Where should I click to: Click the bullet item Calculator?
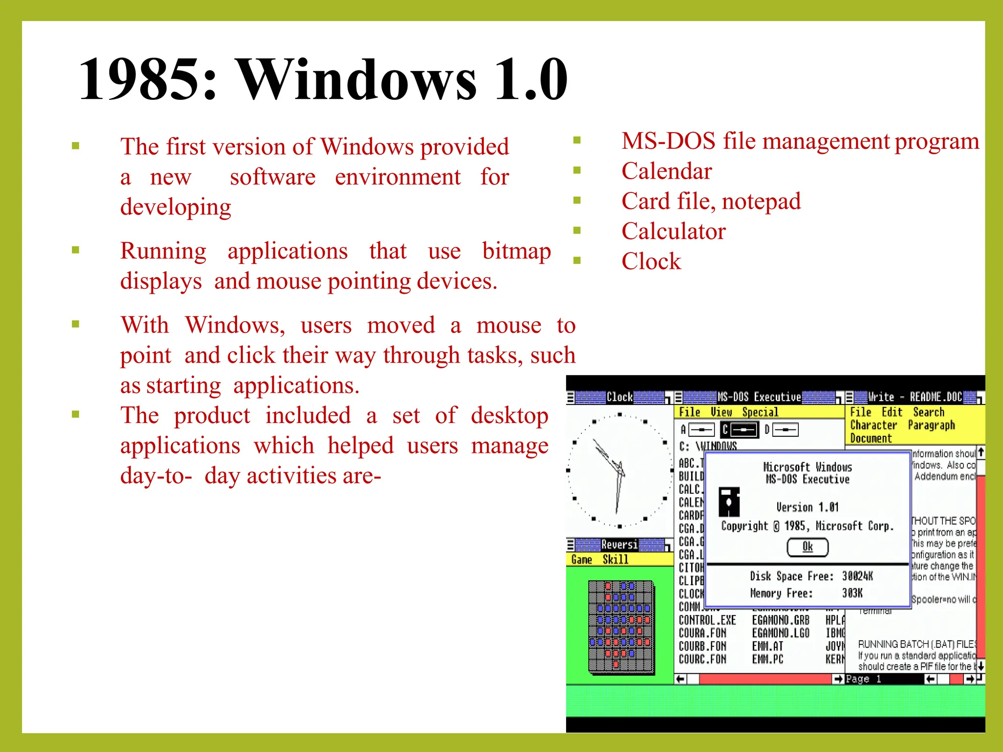[673, 231]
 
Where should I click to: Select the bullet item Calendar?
[666, 171]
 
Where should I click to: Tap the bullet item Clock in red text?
[651, 261]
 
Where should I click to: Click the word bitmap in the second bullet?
[516, 251]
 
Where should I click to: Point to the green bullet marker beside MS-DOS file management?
[577, 141]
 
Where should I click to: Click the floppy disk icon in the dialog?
[729, 502]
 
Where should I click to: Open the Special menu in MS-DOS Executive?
[760, 412]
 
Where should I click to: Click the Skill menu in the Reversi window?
[615, 560]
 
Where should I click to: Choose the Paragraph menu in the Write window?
[931, 425]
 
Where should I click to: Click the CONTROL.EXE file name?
[707, 620]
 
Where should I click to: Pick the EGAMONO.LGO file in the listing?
[780, 633]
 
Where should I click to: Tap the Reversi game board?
[621, 626]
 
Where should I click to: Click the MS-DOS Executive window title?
[759, 397]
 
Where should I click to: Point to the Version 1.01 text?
[807, 507]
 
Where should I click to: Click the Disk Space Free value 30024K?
[857, 576]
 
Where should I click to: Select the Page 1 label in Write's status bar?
[863, 679]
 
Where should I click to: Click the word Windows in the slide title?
[357, 79]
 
